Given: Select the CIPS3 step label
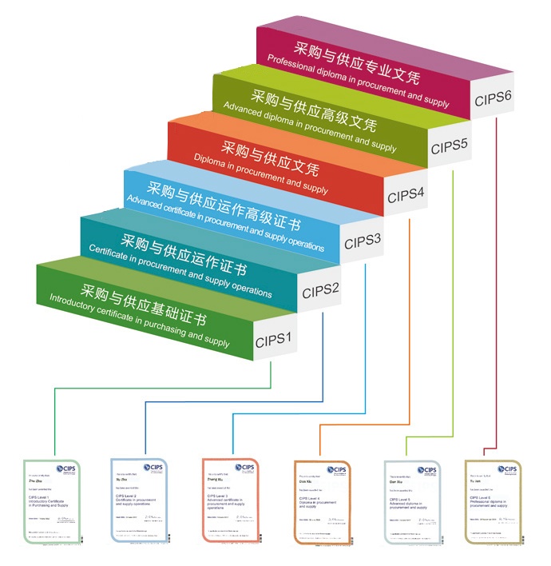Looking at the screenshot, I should coord(362,241).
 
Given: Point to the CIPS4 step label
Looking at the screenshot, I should coord(406,194).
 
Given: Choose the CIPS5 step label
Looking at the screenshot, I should coord(449,147).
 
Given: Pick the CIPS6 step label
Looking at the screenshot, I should coord(493,100).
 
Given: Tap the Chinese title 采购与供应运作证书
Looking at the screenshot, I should coord(183,254).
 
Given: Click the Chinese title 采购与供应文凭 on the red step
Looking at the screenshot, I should coord(269,159).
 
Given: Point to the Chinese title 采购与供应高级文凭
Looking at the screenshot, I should coord(313,111).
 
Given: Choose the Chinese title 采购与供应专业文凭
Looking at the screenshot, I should coord(357,64).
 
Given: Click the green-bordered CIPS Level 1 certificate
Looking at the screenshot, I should coord(53,502).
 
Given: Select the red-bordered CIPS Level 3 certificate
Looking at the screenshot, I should coord(230,502).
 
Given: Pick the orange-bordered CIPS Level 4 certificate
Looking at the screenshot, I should coord(320,502).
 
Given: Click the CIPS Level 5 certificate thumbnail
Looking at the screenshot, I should coord(411,502).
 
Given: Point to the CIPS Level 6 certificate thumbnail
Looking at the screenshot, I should coord(492,502).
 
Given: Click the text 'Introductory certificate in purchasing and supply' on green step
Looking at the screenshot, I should coord(140,321).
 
